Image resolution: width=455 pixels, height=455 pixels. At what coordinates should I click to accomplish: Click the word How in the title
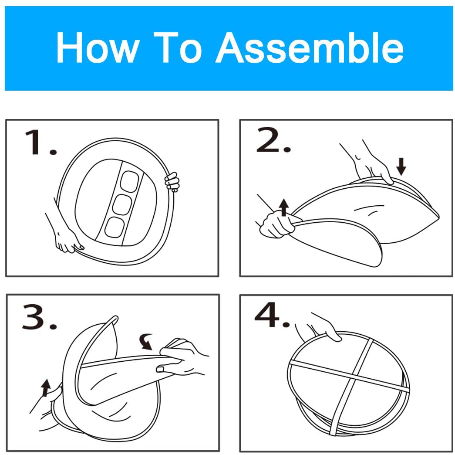(96, 48)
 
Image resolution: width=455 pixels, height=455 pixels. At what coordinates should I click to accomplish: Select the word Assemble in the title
(310, 48)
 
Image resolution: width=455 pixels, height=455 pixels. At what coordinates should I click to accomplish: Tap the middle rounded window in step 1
(123, 203)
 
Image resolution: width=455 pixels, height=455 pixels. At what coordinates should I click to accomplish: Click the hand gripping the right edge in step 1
(172, 181)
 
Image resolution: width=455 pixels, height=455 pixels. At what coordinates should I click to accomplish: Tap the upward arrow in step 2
(284, 207)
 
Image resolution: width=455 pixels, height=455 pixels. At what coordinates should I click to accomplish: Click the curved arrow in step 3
(146, 341)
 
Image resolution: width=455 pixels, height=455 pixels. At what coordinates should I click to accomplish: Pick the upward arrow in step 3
(46, 387)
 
